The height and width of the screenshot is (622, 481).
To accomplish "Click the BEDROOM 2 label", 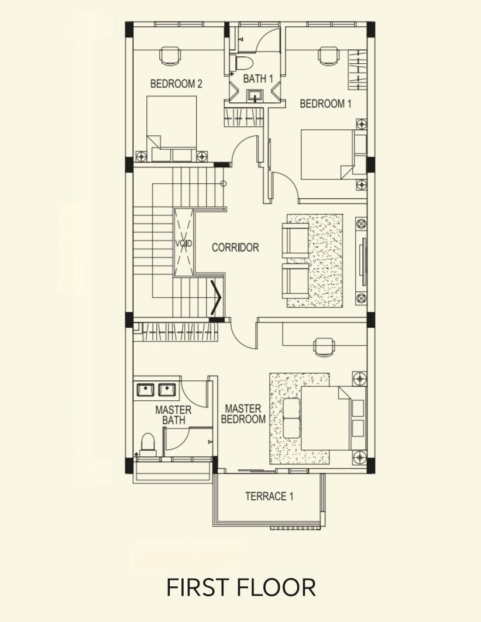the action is click(x=176, y=84).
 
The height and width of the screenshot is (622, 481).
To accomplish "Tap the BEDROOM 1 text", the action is click(x=325, y=104).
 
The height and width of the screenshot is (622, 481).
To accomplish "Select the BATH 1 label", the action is click(x=258, y=78).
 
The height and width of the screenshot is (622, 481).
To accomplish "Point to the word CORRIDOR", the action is click(x=235, y=247).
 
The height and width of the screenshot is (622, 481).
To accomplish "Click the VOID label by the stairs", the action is click(x=184, y=243).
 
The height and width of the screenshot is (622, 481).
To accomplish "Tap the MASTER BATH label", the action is click(x=173, y=415).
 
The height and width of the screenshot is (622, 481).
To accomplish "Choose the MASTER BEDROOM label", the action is click(x=243, y=414).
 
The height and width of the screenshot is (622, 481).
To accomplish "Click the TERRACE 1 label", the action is click(x=269, y=496).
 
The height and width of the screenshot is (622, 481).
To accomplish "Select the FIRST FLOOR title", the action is click(x=240, y=587).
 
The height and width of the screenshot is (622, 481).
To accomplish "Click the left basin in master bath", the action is click(x=145, y=390).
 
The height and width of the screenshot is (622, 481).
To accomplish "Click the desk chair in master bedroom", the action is click(x=324, y=346).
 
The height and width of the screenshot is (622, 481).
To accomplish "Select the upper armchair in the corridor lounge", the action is click(x=295, y=240).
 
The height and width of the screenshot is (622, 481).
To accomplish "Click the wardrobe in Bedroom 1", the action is click(x=358, y=70).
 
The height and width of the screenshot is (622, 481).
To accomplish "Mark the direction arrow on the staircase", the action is click(x=216, y=297).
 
